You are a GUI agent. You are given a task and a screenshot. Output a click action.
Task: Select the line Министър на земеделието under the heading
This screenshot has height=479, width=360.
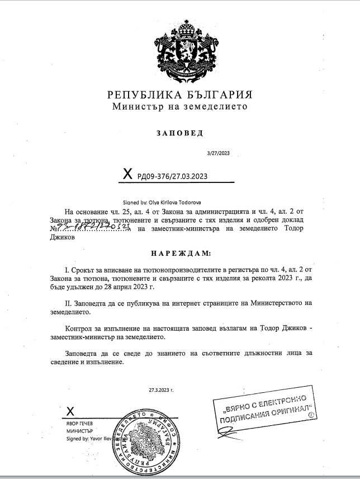(179, 106)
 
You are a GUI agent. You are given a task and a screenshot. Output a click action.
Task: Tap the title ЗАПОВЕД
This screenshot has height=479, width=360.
(179, 133)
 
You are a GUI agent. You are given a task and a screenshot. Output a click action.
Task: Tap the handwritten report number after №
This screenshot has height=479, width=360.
(92, 228)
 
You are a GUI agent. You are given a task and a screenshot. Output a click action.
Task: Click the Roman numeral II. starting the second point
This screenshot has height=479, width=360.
(69, 302)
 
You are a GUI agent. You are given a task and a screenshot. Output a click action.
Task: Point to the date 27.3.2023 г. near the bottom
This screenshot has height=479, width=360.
(161, 388)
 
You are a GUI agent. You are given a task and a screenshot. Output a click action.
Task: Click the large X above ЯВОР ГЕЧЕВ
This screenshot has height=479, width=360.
(70, 412)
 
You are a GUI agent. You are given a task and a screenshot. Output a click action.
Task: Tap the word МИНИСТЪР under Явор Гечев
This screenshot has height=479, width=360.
(78, 432)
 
